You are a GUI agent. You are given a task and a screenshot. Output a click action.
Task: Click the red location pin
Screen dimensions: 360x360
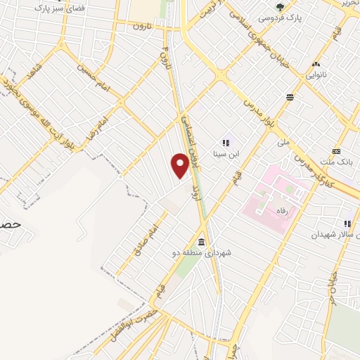click(180, 165)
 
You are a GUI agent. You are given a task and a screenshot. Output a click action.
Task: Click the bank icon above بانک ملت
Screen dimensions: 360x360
click(337, 151)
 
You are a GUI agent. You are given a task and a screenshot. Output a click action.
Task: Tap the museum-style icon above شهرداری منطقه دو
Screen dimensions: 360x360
click(201, 240)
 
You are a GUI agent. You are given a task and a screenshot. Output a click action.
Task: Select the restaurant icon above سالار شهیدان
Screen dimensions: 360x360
click(348, 223)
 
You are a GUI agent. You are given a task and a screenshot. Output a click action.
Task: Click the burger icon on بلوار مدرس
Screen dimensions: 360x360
click(290, 96)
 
